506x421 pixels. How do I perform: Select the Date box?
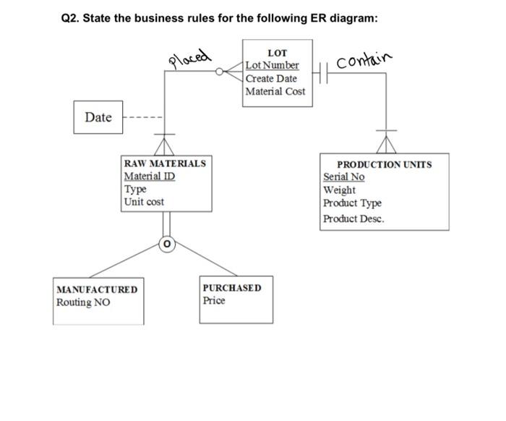tap(98, 117)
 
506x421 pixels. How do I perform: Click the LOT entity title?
tap(277, 53)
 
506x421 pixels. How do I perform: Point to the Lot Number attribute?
tap(272, 66)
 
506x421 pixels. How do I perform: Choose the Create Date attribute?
tap(271, 78)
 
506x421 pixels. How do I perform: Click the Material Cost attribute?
tap(275, 91)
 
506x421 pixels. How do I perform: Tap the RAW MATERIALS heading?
tap(165, 163)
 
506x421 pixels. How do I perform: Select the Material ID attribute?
tap(150, 177)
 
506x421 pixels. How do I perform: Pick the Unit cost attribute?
tap(144, 202)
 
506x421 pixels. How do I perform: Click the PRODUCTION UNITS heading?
tap(385, 165)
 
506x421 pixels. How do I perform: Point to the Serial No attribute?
tap(344, 177)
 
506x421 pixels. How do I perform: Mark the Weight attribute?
tap(339, 190)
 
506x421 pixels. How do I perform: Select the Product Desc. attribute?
tap(353, 218)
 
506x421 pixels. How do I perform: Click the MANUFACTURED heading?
tap(96, 289)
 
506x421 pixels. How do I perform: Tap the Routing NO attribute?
tap(83, 302)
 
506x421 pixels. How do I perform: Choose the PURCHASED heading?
tap(232, 288)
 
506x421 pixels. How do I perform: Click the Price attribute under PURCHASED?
tap(214, 300)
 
